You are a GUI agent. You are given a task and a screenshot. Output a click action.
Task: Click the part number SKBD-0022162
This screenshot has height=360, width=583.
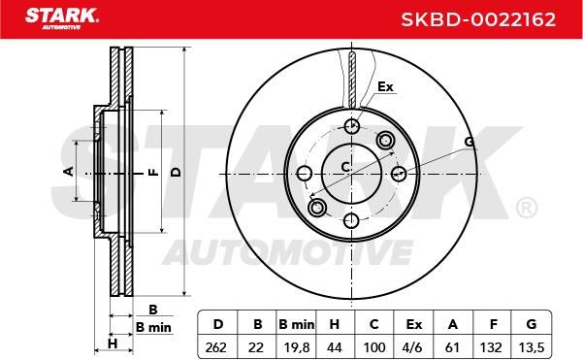pos(478,19)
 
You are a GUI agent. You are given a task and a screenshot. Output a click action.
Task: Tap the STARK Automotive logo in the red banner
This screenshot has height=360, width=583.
pos(62,18)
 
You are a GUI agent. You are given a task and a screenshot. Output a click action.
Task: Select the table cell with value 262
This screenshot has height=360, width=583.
pos(215,347)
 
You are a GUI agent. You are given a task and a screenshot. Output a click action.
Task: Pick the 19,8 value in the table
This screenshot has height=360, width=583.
pos(297,347)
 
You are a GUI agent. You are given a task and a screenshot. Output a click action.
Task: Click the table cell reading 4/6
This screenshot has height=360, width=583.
pos(412,347)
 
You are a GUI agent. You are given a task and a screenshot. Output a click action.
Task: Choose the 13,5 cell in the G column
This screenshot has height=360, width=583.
pos(532,347)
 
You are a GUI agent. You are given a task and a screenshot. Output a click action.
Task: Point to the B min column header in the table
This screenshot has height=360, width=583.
pos(297,325)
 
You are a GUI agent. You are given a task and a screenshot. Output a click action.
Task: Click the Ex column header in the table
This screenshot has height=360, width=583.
pos(414,325)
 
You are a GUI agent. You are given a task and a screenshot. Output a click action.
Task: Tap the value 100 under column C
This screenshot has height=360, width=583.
pos(374,347)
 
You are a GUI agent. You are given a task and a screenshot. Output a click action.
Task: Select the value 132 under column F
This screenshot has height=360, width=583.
pos(491,347)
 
